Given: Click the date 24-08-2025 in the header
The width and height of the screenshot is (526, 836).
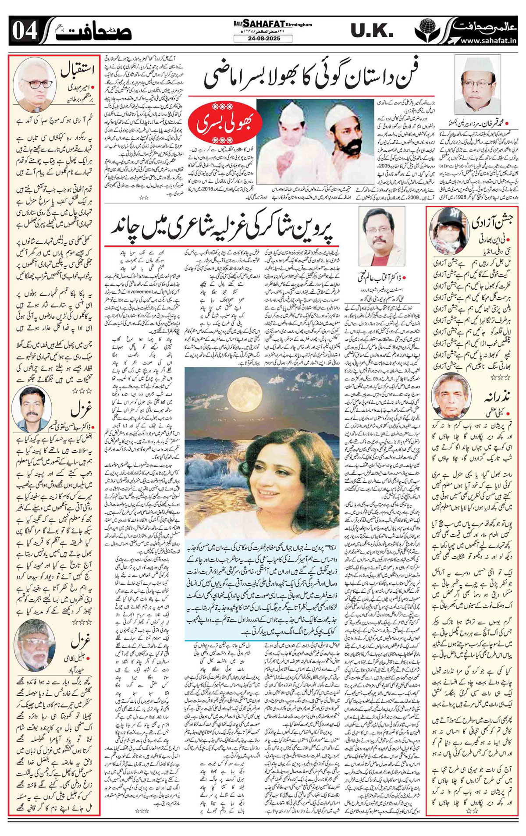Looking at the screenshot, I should point(263,39).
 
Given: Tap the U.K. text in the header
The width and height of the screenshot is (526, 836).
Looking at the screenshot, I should point(372,31).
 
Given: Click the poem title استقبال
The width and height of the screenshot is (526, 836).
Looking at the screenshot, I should point(74,70).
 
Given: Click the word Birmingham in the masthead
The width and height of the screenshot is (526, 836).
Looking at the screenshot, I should point(300,25).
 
